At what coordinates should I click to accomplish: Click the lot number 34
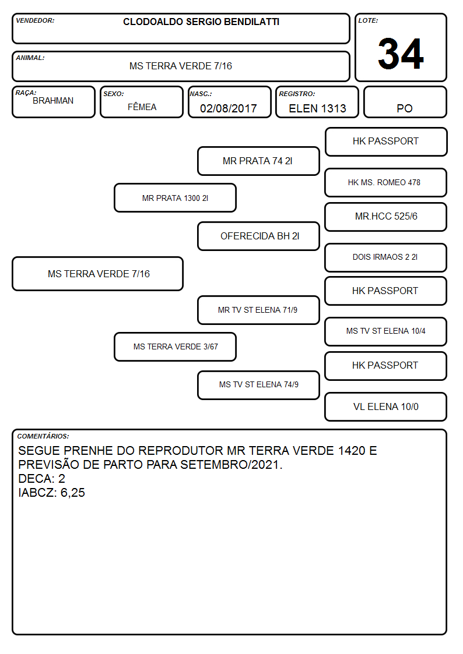pos(401,54)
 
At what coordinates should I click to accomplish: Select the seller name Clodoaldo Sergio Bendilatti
pos(201,22)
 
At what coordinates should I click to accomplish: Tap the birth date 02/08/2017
pos(229,108)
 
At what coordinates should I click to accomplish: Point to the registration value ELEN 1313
pos(317,108)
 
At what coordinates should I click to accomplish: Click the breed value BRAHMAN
pos(53,101)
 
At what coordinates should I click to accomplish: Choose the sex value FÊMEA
pos(142,107)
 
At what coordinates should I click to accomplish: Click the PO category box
pos(405,102)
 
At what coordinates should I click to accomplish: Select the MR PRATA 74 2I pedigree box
pos(258,161)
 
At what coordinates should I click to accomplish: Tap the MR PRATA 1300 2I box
pos(176,197)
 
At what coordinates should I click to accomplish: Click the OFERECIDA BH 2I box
pos(258,236)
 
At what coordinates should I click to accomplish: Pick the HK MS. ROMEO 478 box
pos(386,182)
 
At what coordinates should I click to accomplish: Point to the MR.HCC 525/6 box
pos(386,217)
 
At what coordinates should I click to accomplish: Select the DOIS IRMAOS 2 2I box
pos(386,257)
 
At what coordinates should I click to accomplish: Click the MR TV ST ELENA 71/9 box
pos(258,310)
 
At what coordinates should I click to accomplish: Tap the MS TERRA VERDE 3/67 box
pos(176,347)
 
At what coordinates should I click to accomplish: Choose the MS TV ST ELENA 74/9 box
pos(258,385)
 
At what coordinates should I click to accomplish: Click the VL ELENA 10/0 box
pos(386,406)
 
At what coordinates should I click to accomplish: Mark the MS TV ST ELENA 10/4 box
pos(386,331)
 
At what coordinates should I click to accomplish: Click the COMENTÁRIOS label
pos(43,436)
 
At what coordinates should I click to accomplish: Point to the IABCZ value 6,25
pos(73,493)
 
